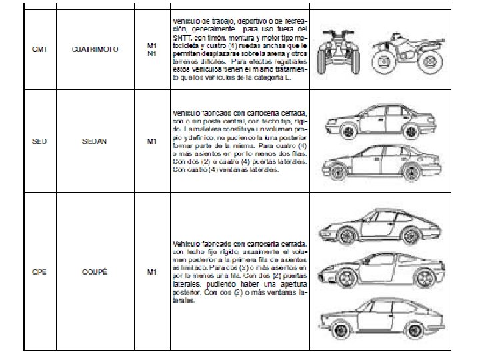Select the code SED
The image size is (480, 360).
39,141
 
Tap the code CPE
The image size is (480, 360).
39,271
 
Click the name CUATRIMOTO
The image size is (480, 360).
95,49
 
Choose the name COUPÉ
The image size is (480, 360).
94,271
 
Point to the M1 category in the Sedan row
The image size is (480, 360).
152,141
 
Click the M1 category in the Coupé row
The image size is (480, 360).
152,271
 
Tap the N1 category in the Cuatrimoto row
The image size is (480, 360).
152,53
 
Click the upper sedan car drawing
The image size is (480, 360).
377,120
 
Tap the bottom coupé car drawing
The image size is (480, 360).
377,319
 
